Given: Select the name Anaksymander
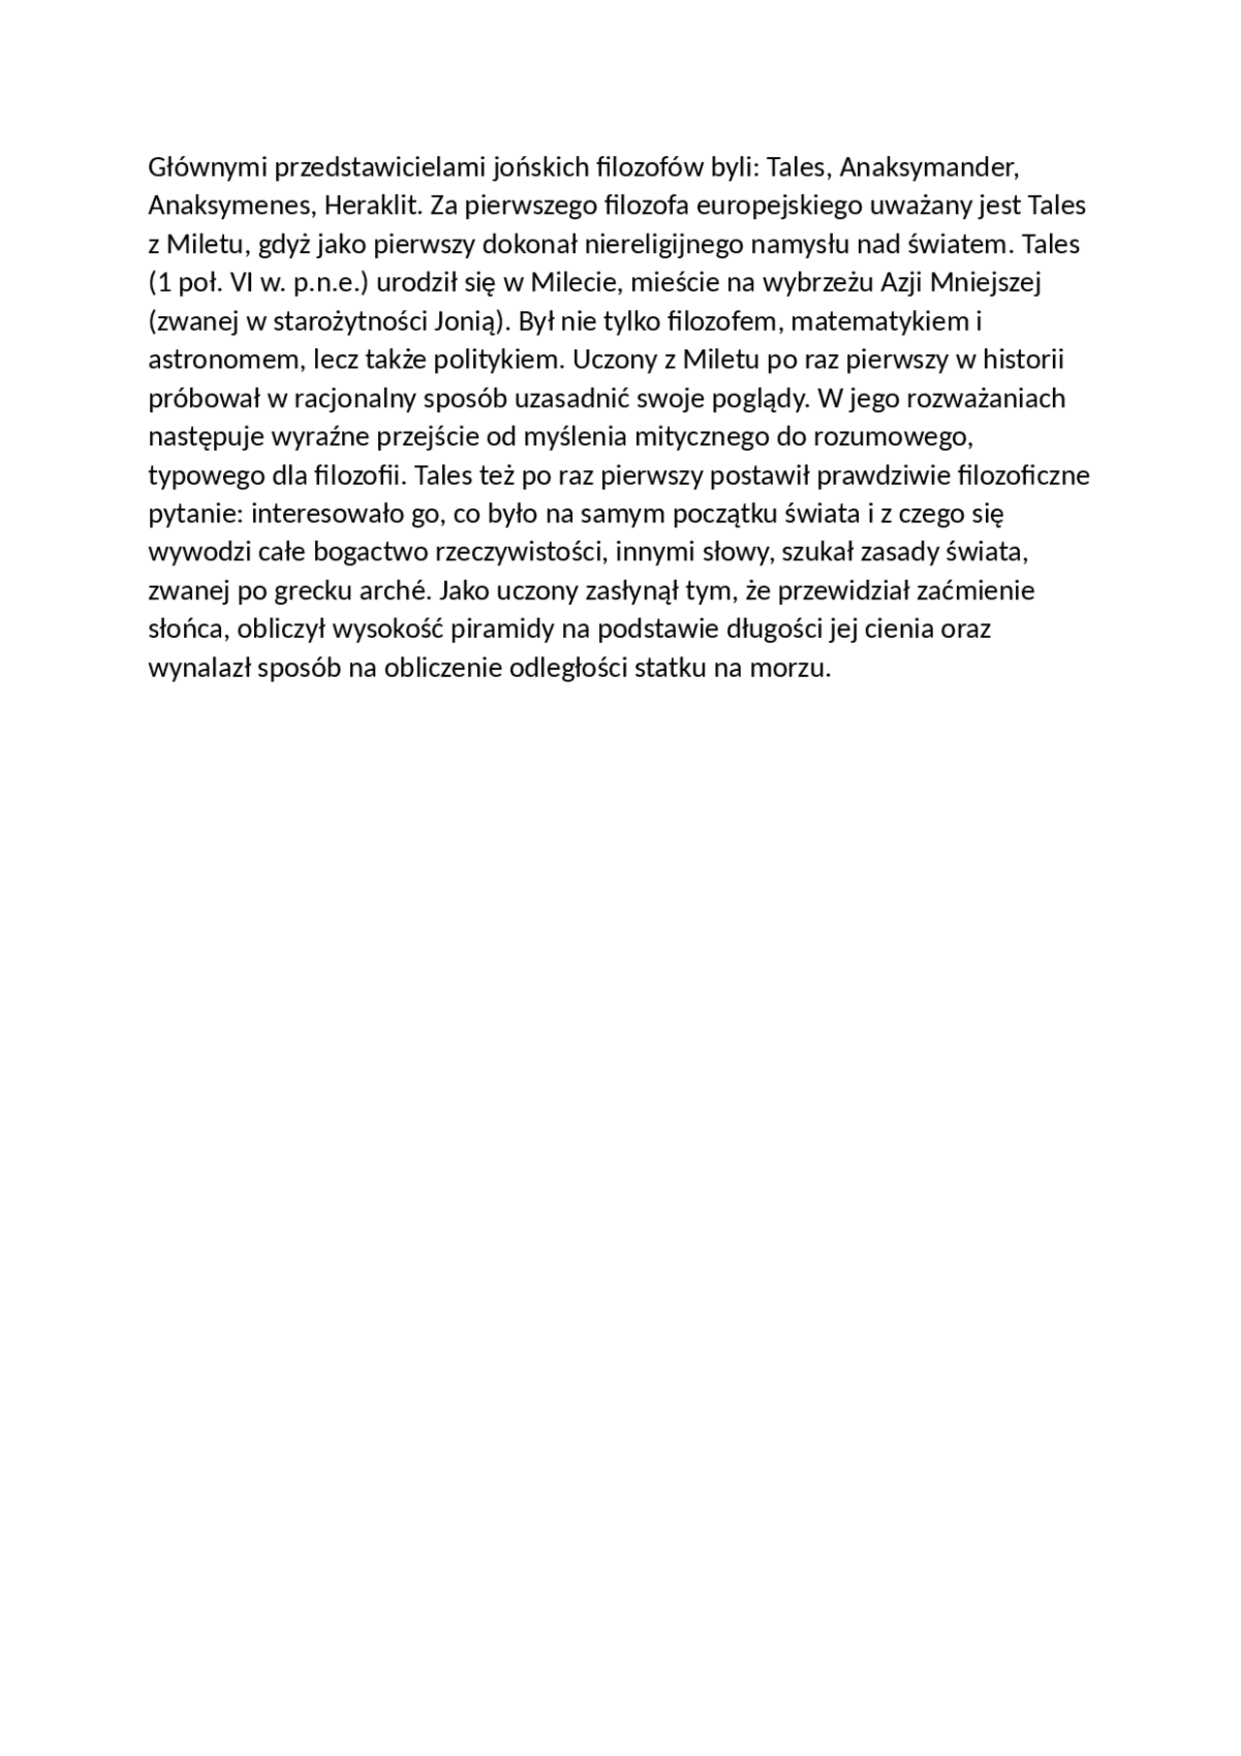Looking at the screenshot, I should (x=929, y=169).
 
